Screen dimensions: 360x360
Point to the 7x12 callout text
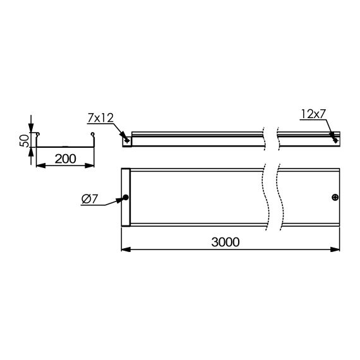click(x=102, y=118)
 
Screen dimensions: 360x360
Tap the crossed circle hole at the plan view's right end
click(x=335, y=198)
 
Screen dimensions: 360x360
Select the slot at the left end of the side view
click(x=128, y=140)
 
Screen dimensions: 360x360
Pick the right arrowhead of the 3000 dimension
click(x=339, y=249)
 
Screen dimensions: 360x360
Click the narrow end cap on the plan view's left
click(x=125, y=198)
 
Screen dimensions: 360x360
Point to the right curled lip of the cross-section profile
click(x=93, y=135)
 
